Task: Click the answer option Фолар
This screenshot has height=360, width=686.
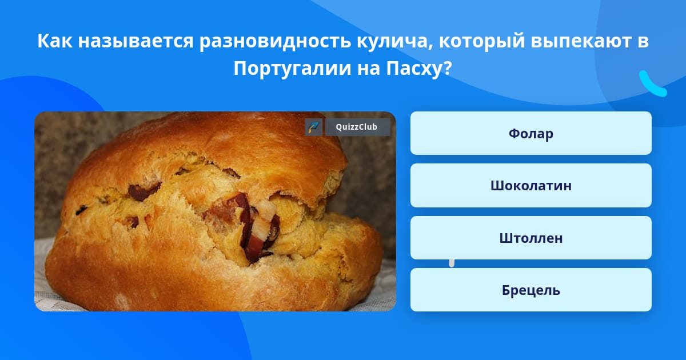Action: (x=531, y=133)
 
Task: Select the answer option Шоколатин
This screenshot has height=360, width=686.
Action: (x=531, y=186)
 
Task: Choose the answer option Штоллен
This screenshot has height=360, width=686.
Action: (x=531, y=238)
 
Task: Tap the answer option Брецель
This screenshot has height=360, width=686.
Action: (x=531, y=290)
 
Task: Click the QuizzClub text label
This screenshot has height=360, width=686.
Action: (x=357, y=127)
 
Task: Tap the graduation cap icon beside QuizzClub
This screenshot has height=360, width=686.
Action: (x=314, y=127)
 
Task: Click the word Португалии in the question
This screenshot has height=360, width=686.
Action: (x=292, y=69)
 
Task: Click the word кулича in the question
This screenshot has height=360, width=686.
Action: (x=394, y=41)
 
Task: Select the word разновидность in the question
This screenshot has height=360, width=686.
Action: (x=275, y=41)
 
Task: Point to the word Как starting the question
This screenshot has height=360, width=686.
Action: (x=55, y=41)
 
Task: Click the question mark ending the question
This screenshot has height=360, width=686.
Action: (x=448, y=68)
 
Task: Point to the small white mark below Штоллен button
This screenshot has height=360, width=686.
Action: (x=452, y=263)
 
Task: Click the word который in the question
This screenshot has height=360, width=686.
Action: (x=482, y=41)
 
